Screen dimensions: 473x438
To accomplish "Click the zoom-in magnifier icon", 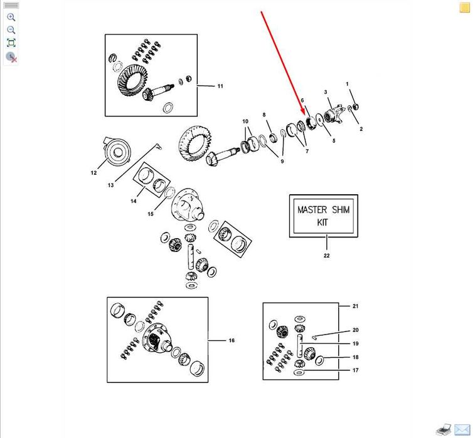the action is tap(11, 17).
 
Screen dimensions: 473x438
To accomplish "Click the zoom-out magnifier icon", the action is tap(11, 30).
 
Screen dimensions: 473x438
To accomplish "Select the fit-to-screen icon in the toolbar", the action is tap(11, 43).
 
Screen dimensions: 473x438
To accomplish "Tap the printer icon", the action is tap(444, 429).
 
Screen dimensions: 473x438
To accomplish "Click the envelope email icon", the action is tap(462, 429).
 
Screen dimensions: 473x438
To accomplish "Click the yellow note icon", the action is tap(465, 8).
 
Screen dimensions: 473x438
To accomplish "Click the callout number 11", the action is tap(220, 86).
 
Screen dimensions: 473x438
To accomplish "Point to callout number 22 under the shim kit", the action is tap(326, 256).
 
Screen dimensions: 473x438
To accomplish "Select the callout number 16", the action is tap(231, 340).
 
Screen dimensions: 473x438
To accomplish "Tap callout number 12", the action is tap(93, 172).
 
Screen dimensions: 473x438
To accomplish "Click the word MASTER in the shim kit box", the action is tap(312, 210).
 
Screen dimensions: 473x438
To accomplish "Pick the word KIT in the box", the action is tap(322, 222).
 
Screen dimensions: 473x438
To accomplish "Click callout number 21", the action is tap(355, 306).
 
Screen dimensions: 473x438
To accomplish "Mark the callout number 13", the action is tap(110, 185).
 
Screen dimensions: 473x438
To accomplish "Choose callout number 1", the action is tap(347, 84).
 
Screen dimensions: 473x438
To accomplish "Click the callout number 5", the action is tap(334, 140).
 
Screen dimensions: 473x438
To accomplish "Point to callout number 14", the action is tap(134, 201).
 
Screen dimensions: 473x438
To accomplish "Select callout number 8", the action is tap(264, 115).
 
